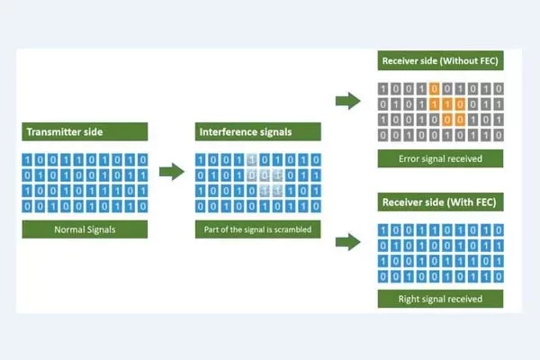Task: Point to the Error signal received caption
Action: (x=440, y=158)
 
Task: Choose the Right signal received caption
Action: (x=440, y=299)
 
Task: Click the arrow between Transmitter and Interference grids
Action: (x=171, y=171)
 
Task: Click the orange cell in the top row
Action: (x=434, y=88)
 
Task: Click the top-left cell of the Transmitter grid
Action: (x=27, y=159)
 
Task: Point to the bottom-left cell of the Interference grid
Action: (x=202, y=205)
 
